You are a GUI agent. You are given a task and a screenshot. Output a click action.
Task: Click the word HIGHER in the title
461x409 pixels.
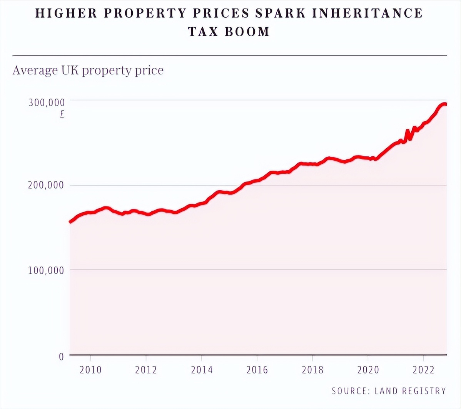tap(67, 13)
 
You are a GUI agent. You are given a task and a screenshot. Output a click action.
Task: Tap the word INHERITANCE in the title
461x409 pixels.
tap(367, 13)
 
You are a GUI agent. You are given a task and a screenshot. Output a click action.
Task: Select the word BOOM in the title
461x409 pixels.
tap(247, 32)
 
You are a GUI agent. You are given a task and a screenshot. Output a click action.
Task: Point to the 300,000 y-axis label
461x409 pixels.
tap(47, 103)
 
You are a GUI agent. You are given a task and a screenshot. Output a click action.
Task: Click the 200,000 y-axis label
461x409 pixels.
tap(46, 185)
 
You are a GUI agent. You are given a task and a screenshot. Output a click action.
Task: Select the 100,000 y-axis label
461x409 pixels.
tap(46, 270)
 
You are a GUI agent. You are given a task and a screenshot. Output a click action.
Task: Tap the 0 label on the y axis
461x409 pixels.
tap(61, 356)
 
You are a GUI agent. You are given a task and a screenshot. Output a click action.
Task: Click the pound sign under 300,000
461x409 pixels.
tap(62, 114)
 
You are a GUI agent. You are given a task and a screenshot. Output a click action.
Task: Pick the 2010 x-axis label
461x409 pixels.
tap(90, 370)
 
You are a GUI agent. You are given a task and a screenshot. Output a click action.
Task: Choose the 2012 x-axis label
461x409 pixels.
tap(146, 370)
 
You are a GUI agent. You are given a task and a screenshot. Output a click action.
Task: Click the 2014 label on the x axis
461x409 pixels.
tap(202, 370)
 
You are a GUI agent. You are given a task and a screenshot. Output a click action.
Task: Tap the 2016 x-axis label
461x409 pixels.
tap(257, 370)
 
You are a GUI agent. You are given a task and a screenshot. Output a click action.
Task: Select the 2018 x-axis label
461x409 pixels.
tap(312, 370)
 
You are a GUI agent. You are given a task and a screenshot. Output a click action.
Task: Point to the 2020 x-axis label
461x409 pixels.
tap(368, 370)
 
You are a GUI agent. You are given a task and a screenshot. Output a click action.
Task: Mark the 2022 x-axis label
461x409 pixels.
tap(423, 370)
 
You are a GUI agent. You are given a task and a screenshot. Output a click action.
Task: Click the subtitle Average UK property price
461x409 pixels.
tap(88, 70)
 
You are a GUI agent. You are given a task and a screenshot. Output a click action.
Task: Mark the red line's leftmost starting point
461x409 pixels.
tap(70, 222)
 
